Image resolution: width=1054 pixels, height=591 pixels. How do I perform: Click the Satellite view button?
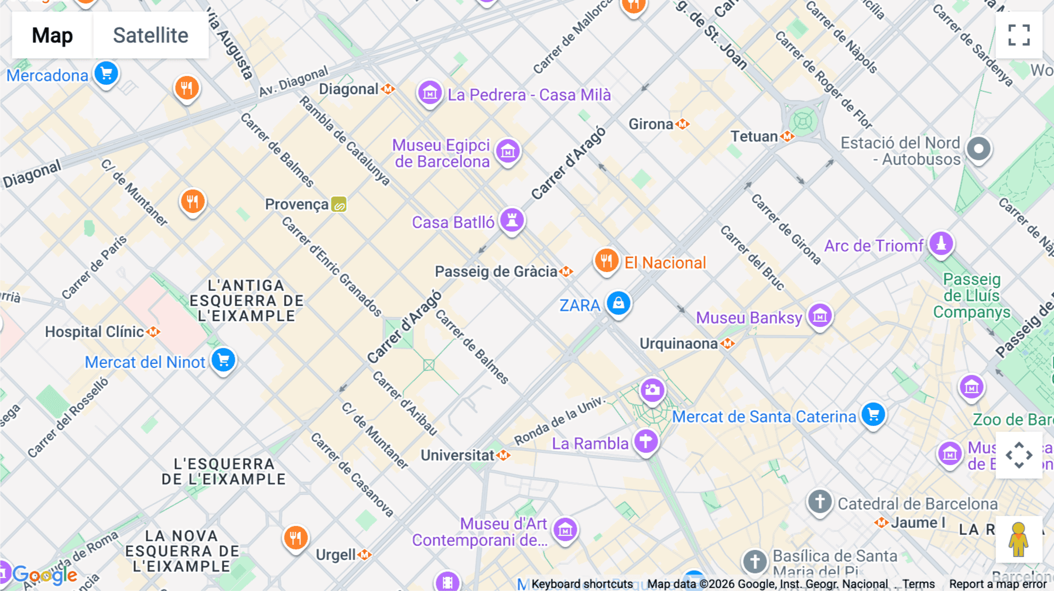[150, 35]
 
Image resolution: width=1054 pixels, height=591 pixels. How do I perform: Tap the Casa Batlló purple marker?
[512, 221]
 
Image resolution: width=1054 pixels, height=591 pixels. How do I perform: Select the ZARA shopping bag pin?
[618, 303]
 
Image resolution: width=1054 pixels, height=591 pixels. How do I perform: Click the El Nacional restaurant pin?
[606, 260]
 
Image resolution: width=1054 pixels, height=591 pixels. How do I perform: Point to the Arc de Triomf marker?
[941, 243]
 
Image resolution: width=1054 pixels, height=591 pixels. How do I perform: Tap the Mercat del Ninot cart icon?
[223, 360]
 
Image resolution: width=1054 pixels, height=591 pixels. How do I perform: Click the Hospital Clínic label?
[95, 332]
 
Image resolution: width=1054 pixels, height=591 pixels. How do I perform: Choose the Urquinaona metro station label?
[679, 343]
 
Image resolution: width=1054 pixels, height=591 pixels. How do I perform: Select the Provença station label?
[297, 204]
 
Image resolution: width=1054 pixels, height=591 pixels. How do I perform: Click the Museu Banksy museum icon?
[820, 316]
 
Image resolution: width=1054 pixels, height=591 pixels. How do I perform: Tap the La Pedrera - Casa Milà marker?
[430, 92]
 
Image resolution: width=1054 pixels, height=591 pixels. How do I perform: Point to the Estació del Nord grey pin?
[978, 149]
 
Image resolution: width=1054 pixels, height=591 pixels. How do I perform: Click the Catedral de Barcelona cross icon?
[820, 501]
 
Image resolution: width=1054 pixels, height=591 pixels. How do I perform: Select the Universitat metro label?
[458, 455]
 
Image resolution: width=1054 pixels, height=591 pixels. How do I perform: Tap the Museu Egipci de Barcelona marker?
[508, 151]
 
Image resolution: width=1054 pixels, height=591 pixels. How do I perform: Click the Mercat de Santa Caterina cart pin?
[873, 414]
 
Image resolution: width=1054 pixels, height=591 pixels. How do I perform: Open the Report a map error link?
[997, 584]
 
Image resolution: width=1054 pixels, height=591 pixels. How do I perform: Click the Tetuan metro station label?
[754, 136]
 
